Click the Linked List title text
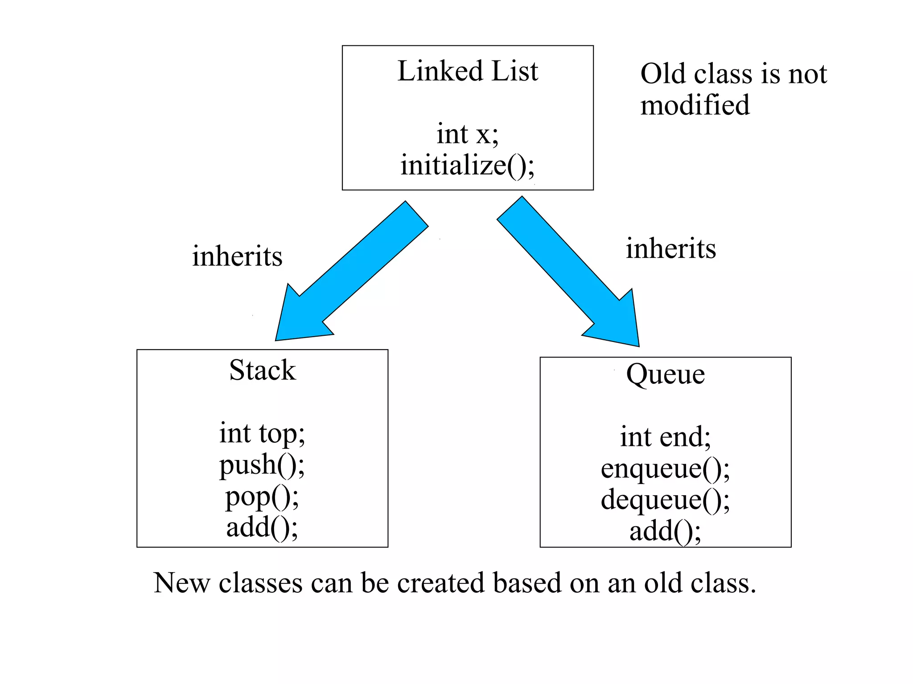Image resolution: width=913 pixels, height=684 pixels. (x=468, y=71)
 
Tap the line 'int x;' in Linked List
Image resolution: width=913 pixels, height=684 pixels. (x=467, y=134)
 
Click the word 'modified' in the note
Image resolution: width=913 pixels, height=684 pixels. (x=695, y=106)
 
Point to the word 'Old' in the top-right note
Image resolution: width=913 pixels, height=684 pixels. (x=662, y=73)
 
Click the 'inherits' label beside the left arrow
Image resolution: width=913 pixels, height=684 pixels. (x=237, y=256)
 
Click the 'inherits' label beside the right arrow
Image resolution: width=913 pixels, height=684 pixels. (x=670, y=248)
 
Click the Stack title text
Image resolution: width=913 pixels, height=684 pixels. (x=262, y=370)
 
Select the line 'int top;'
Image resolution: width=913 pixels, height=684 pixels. (x=262, y=433)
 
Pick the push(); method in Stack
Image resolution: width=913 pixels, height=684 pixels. (x=262, y=465)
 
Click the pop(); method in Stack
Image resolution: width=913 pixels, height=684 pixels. (x=262, y=497)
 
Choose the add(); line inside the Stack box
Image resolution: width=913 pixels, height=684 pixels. (x=262, y=528)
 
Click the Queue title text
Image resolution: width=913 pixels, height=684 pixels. (x=665, y=374)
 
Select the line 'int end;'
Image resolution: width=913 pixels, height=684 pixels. (x=665, y=437)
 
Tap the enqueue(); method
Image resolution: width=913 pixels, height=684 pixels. (x=665, y=469)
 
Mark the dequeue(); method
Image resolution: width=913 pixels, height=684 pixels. (x=665, y=500)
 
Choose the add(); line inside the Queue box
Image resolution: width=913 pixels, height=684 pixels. (x=665, y=532)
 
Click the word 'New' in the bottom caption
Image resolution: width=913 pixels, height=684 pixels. (x=181, y=583)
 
